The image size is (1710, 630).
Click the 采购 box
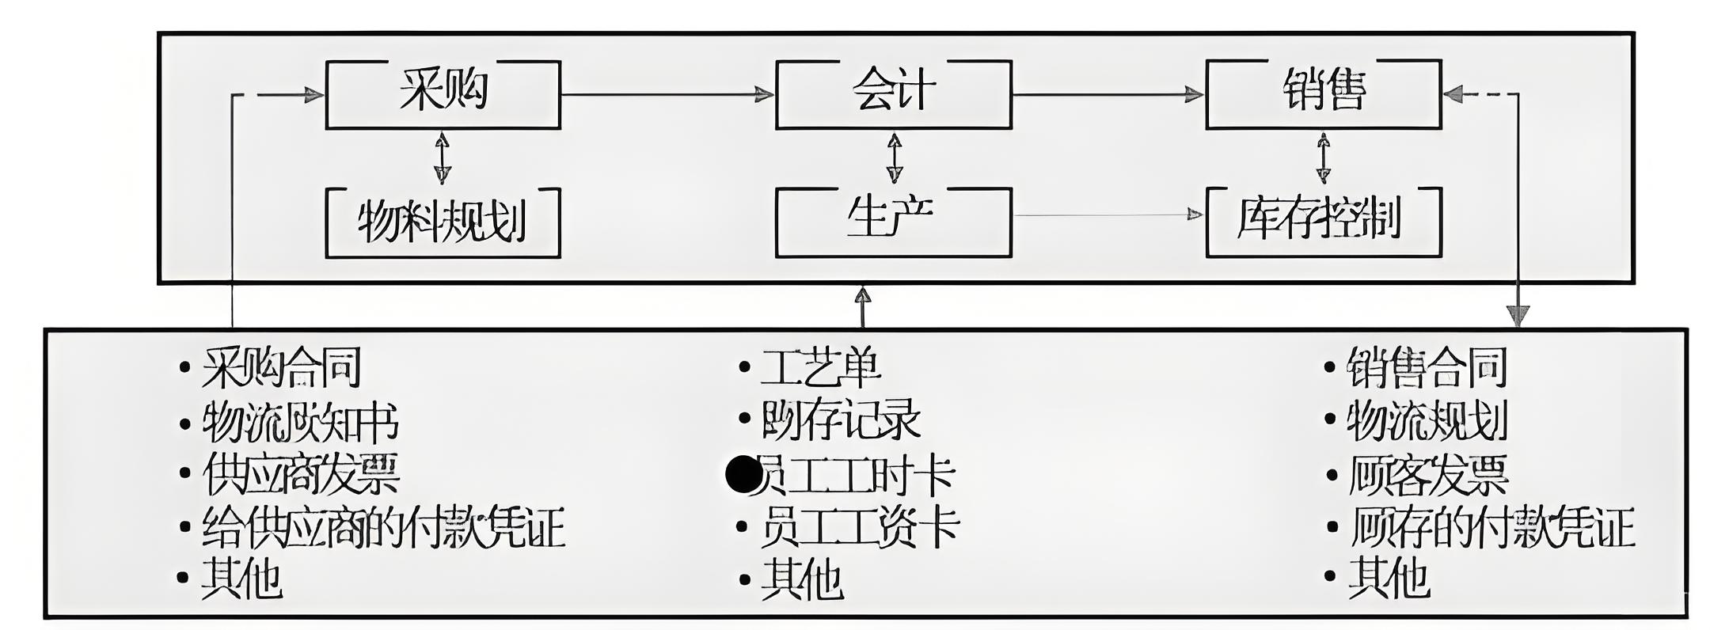tap(443, 94)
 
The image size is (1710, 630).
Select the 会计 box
tap(893, 94)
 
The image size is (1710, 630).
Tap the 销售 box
tap(1323, 94)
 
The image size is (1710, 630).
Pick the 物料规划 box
tap(443, 222)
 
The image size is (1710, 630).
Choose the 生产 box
tap(893, 222)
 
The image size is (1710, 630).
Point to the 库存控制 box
tap(1323, 222)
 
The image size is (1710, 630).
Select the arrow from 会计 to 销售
tap(1108, 95)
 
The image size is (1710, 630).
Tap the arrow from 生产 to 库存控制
tap(1108, 214)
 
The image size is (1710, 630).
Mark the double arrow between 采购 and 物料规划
tap(442, 158)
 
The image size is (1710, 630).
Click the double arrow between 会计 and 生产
tap(895, 158)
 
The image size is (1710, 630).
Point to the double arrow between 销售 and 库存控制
tap(1323, 158)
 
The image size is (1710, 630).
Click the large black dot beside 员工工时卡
tap(743, 475)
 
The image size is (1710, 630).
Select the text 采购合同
tap(281, 367)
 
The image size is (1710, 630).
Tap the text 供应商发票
tap(301, 474)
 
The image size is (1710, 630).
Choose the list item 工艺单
tap(820, 367)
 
